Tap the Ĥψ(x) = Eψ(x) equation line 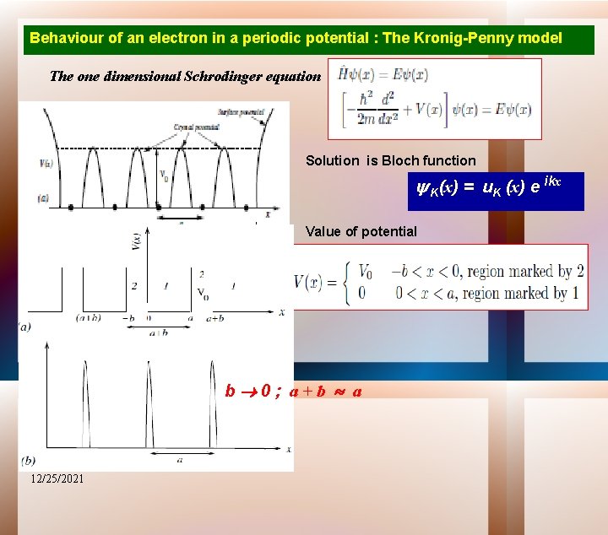[x=383, y=74]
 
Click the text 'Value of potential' [x=361, y=231]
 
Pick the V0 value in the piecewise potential [x=366, y=273]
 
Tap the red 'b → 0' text [x=247, y=392]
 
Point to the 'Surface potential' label [x=241, y=111]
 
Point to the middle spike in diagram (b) [x=149, y=405]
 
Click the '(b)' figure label [x=29, y=461]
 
